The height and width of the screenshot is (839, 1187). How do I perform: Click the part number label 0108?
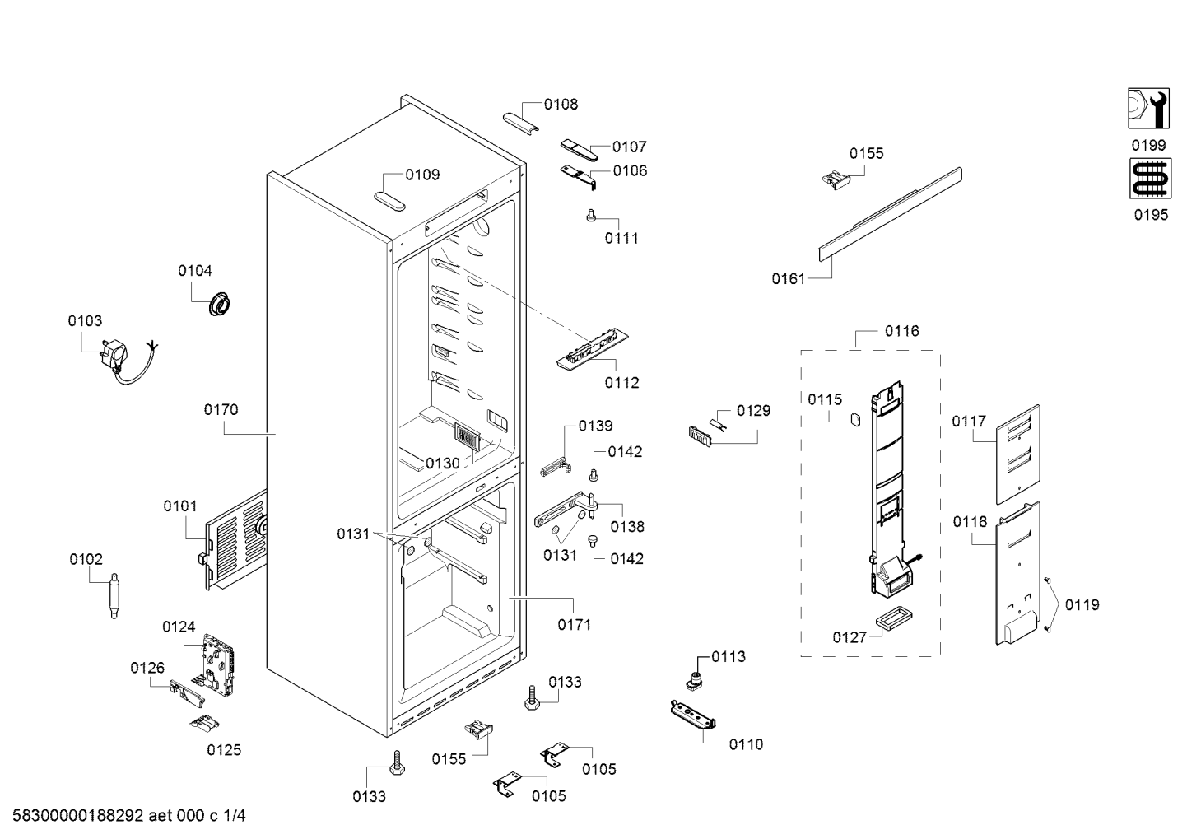pyautogui.click(x=561, y=105)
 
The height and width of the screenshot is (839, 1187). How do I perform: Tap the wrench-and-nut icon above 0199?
pyautogui.click(x=1148, y=109)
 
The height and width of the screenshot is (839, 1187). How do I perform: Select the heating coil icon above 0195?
pyautogui.click(x=1150, y=179)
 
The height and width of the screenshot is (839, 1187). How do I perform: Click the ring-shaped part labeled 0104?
pyautogui.click(x=219, y=304)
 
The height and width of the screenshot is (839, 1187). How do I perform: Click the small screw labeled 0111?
pyautogui.click(x=592, y=215)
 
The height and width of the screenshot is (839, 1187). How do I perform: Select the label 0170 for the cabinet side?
pyautogui.click(x=221, y=410)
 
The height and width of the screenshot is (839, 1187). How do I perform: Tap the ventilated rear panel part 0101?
pyautogui.click(x=235, y=541)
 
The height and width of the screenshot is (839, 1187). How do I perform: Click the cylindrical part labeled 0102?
pyautogui.click(x=114, y=595)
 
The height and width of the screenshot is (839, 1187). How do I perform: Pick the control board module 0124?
pyautogui.click(x=218, y=664)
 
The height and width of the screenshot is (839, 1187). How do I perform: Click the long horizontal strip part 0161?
pyautogui.click(x=891, y=214)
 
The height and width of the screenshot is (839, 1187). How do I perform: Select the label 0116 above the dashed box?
pyautogui.click(x=902, y=331)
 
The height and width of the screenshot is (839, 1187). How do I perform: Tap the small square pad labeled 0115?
pyautogui.click(x=854, y=419)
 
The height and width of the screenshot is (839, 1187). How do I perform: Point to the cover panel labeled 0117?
pyautogui.click(x=1018, y=454)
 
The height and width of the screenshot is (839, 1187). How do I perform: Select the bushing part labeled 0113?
pyautogui.click(x=694, y=680)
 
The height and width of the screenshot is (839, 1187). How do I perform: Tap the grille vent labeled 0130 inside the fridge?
pyautogui.click(x=467, y=437)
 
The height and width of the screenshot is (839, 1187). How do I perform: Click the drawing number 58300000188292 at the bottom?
pyautogui.click(x=78, y=816)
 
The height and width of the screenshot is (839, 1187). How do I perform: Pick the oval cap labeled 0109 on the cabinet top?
pyautogui.click(x=389, y=202)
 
